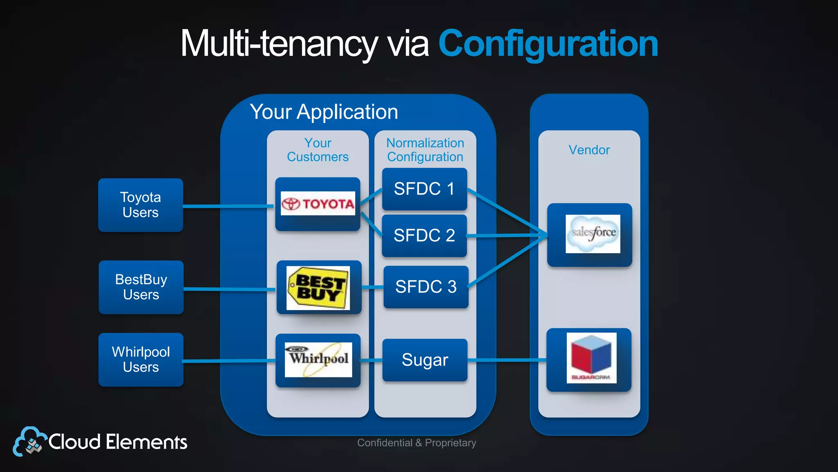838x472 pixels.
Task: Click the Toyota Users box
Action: pos(140,205)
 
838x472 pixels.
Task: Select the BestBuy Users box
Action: pos(141,287)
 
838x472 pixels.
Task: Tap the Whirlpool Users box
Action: pos(141,359)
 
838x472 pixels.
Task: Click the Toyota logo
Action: pos(318,204)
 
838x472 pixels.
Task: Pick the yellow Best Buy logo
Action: pos(318,288)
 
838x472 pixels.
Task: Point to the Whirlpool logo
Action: pos(318,359)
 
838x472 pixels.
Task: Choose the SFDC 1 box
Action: pos(424,189)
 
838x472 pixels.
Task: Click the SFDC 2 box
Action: pos(424,236)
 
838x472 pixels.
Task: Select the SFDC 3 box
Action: pos(426,287)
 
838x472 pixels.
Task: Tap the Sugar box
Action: pos(425,360)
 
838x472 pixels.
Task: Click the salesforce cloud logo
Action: pos(593,234)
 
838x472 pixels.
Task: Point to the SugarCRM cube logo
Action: pos(591,358)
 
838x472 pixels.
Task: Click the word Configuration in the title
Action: pos(548,43)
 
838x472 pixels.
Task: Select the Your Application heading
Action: pos(324,112)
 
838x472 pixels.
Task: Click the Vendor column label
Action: pos(589,150)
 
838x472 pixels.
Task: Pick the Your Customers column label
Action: pos(318,150)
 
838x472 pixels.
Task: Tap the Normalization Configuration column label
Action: pos(425,150)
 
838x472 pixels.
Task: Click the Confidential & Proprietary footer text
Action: pos(417,443)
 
